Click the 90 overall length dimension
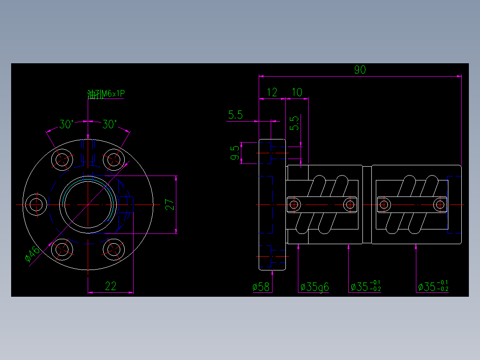pos(360,70)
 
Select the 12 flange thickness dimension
pos(272,92)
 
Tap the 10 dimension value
pos(297,92)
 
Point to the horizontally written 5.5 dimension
pos(235,115)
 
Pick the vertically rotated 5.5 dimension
pos(295,123)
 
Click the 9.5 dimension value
pos(235,153)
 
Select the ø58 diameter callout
pos(261,287)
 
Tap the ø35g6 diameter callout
pos(314,287)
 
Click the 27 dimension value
pos(170,205)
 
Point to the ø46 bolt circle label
pos(33,254)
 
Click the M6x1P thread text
pos(113,94)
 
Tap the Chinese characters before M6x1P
pos(94,94)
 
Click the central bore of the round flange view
pos(88,205)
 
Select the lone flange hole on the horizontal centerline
pos(36,205)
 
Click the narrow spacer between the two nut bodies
pos(367,205)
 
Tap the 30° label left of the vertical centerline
pos(66,124)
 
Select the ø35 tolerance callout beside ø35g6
pos(366,287)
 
